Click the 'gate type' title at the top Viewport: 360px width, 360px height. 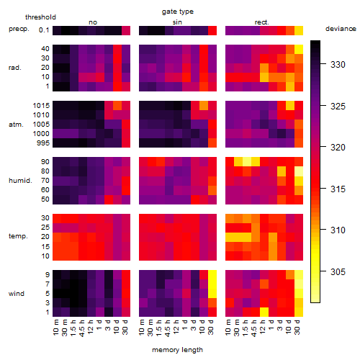(178, 12)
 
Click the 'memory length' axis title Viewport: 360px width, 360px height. (177, 350)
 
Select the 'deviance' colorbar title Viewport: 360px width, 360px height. (341, 29)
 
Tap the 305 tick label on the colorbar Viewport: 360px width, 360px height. (338, 271)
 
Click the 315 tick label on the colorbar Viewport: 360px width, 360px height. (338, 189)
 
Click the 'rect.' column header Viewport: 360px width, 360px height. (262, 22)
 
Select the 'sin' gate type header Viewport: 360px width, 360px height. (177, 22)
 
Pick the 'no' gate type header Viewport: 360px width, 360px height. (93, 22)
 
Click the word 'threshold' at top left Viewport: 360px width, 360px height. (40, 17)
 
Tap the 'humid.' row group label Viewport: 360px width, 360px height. (20, 181)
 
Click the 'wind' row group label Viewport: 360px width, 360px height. (17, 294)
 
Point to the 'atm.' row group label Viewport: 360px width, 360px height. (16, 125)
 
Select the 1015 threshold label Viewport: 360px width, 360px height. (41, 106)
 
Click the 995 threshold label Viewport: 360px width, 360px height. (43, 143)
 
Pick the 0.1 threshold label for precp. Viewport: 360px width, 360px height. (44, 30)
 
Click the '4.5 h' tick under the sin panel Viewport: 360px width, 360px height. (168, 328)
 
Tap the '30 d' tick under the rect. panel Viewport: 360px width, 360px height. (297, 327)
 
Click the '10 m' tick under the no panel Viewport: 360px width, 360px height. (56, 328)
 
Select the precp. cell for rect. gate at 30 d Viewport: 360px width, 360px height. (299, 30)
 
